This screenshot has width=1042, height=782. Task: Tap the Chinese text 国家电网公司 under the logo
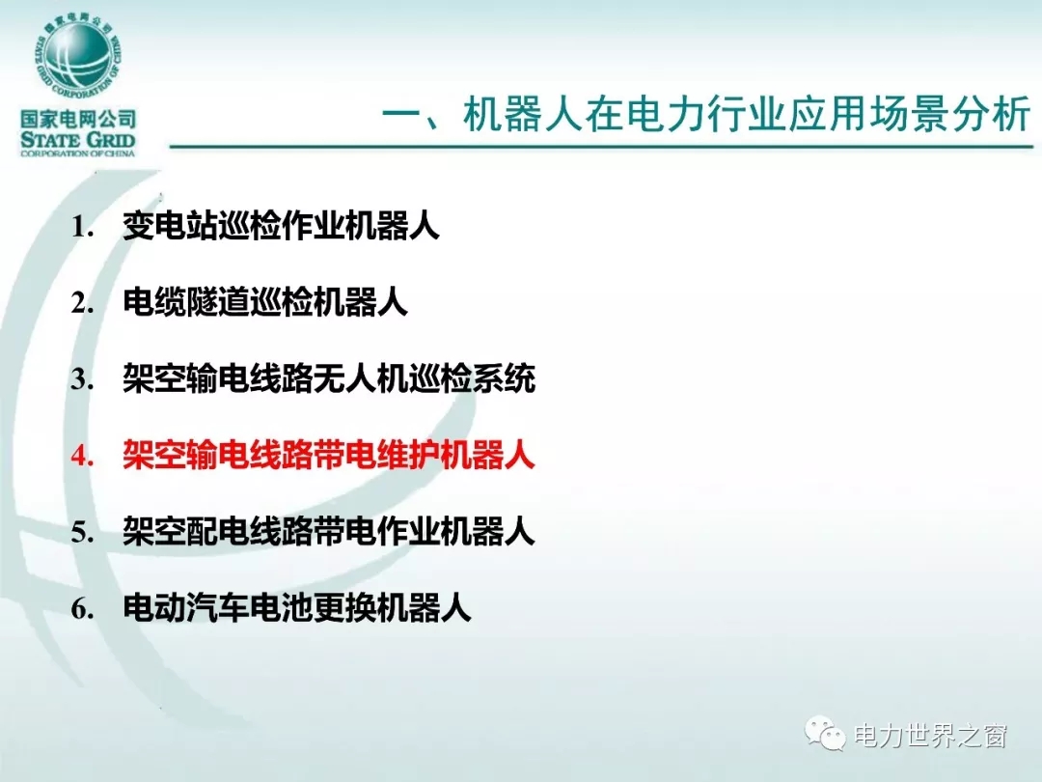(x=78, y=120)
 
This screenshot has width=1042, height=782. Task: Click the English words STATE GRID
(x=78, y=140)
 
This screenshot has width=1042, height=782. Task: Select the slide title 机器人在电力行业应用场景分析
(x=746, y=114)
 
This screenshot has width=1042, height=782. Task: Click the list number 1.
(x=82, y=227)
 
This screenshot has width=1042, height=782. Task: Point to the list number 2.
(x=82, y=303)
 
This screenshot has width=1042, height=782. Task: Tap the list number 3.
(x=82, y=379)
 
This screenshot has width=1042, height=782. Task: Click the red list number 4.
(x=82, y=456)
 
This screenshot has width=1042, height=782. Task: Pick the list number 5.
(x=82, y=532)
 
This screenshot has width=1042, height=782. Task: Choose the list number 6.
(x=82, y=608)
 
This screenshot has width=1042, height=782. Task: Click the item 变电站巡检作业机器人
(x=281, y=226)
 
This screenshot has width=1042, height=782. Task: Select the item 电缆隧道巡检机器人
(x=264, y=302)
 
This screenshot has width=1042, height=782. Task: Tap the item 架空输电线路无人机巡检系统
(x=329, y=379)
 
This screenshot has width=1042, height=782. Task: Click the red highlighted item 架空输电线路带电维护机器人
(x=329, y=456)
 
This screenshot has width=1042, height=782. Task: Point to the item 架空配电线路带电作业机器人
(x=329, y=531)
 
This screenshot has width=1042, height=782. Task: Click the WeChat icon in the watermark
(x=825, y=734)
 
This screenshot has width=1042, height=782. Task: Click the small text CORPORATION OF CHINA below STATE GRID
(x=78, y=154)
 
